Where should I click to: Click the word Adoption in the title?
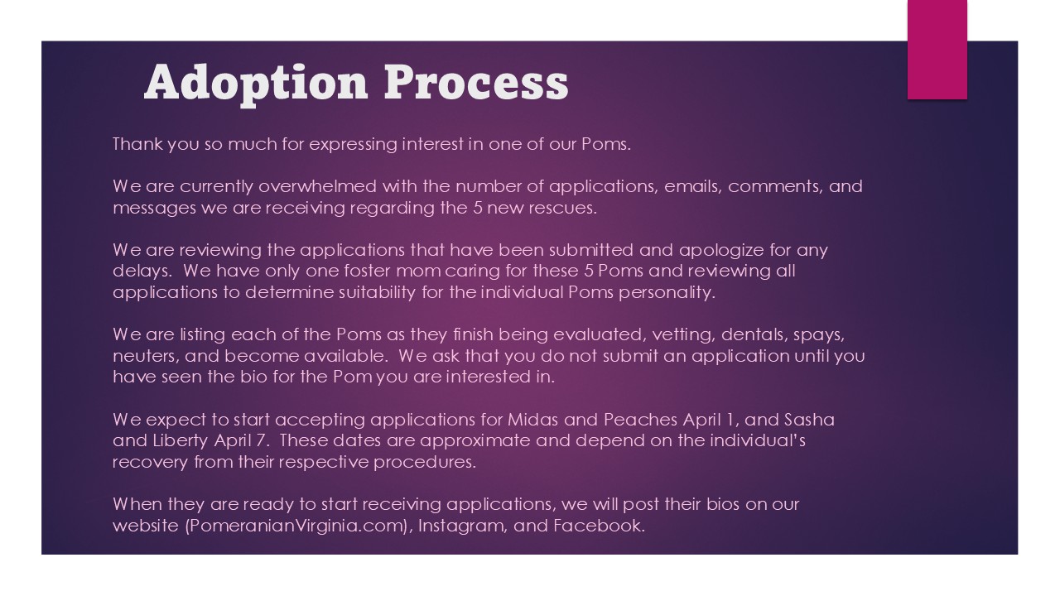(256, 84)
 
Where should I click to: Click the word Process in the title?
(476, 83)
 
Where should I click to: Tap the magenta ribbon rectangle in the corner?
(937, 50)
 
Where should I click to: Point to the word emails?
(693, 187)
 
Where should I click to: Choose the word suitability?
(377, 292)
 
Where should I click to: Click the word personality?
(667, 293)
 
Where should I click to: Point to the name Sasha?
(809, 420)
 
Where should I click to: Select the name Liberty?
(181, 442)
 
